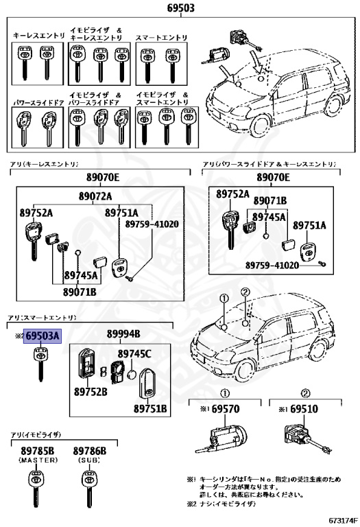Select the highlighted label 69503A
pos(43,336)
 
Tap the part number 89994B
pos(123,334)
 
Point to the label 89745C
pos(134,354)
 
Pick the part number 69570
pos(226,408)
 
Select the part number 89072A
pos(95,197)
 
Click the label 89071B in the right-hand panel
pos(270,200)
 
